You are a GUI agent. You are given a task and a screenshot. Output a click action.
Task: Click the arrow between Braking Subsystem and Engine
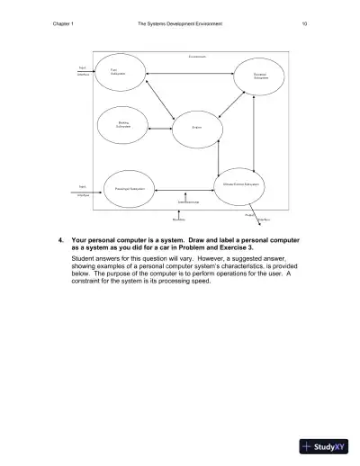[x=161, y=128]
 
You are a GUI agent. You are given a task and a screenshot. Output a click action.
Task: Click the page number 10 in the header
[x=305, y=22]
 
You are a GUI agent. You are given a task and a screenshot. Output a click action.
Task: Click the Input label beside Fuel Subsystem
[x=83, y=67]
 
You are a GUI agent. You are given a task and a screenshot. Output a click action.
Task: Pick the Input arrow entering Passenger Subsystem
[x=95, y=190]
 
